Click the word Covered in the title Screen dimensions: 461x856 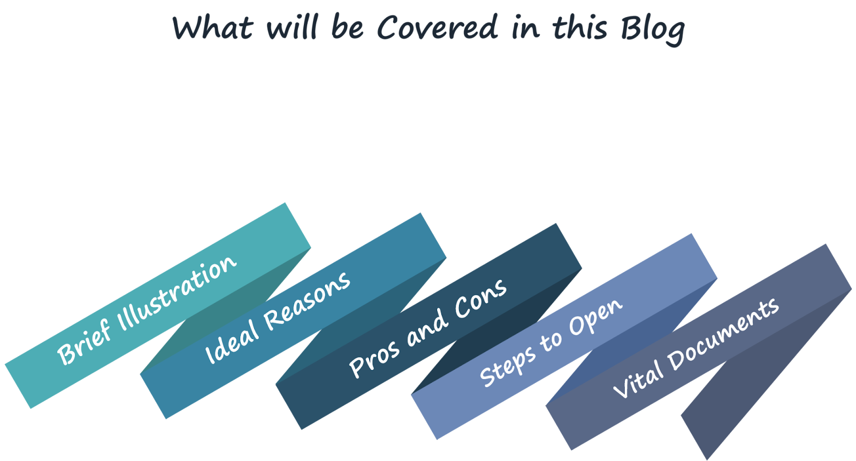click(438, 27)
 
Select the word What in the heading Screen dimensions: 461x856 click(213, 27)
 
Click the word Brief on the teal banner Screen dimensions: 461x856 click(85, 342)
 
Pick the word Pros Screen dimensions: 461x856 click(374, 358)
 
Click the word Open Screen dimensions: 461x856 click(595, 317)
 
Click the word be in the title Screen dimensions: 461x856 click(348, 27)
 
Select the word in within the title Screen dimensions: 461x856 click(524, 27)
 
